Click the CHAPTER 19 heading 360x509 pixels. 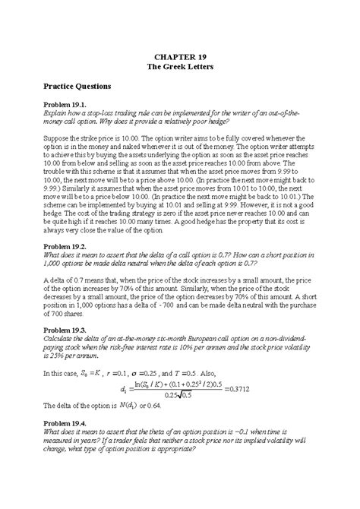click(x=179, y=56)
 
